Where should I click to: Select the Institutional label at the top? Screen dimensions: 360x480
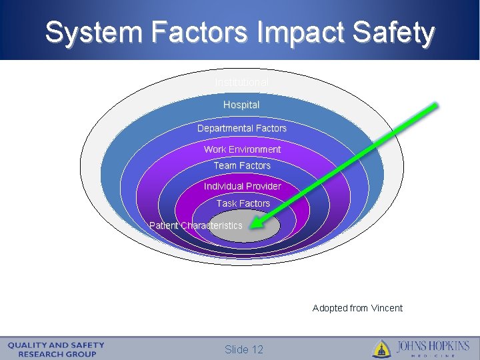[241, 82]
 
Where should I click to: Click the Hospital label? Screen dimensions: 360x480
[241, 105]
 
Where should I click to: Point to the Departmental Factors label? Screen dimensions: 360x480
[241, 128]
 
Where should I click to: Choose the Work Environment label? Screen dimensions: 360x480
[242, 149]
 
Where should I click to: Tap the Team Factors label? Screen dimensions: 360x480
[242, 165]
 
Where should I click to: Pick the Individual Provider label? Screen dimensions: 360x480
[242, 186]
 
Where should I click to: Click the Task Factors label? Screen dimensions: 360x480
[243, 203]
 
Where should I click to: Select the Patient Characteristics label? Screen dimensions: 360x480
[196, 225]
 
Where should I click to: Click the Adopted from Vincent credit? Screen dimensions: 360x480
[357, 308]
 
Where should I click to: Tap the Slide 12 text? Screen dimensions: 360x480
[244, 349]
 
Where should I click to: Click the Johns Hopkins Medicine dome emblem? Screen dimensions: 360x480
[381, 349]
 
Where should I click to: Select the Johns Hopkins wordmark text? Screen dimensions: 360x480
[433, 347]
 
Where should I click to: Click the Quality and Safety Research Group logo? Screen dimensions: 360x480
[56, 349]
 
